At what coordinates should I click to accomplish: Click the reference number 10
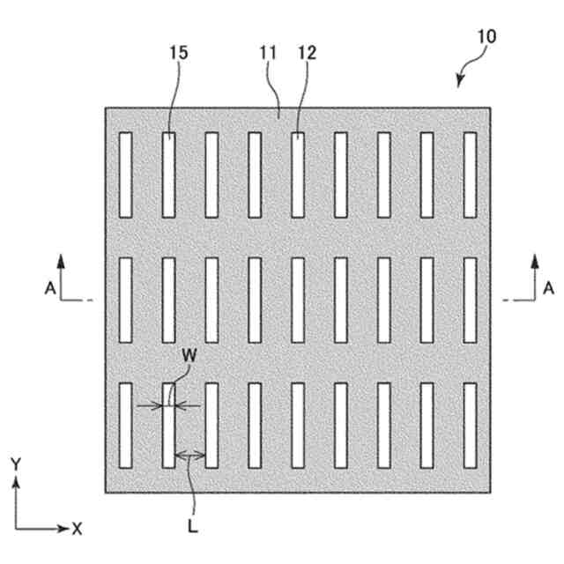(x=486, y=37)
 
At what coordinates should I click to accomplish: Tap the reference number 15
(x=178, y=53)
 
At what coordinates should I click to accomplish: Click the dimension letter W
(x=187, y=356)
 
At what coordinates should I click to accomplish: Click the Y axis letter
(x=15, y=463)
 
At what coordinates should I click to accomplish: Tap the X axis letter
(x=77, y=529)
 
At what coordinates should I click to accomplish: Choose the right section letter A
(x=548, y=286)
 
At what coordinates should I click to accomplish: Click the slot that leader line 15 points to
(x=168, y=174)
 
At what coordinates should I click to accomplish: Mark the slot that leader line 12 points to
(x=298, y=174)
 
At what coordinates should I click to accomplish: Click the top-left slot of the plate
(x=125, y=174)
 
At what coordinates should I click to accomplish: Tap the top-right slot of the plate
(x=470, y=174)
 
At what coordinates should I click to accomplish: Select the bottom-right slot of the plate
(x=470, y=425)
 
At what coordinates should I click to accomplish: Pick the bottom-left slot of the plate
(x=125, y=425)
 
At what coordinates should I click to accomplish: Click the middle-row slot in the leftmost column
(x=125, y=300)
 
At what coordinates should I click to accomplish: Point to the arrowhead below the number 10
(x=460, y=83)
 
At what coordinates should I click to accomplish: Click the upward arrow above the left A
(x=62, y=261)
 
